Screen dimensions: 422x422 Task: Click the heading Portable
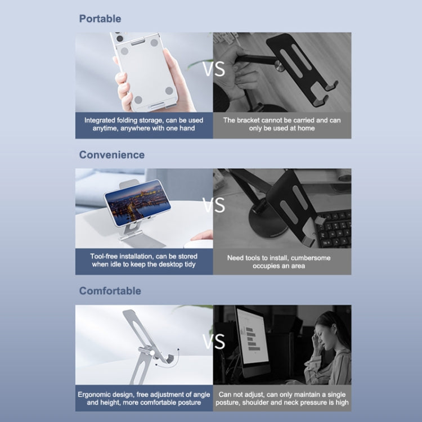point(100,19)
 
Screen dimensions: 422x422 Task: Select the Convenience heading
point(112,155)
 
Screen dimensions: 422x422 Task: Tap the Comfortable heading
point(110,291)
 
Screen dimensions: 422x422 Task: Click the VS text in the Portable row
point(214,69)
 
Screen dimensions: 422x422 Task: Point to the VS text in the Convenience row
point(214,205)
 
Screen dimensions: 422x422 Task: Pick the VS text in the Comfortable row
point(214,342)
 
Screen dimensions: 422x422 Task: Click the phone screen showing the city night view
point(138,203)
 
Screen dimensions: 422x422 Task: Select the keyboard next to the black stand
point(333,229)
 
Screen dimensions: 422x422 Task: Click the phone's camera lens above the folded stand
point(119,38)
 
